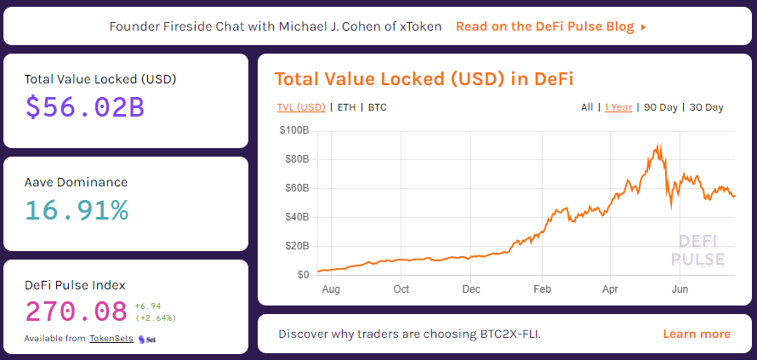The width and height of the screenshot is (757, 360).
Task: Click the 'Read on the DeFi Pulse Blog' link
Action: coord(550,26)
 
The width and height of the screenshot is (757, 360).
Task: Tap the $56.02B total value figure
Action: coord(83,107)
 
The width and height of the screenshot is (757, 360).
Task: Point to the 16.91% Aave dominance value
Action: coord(77,209)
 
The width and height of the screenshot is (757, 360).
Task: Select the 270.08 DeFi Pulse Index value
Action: coord(77,311)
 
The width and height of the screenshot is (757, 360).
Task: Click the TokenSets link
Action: coord(111,339)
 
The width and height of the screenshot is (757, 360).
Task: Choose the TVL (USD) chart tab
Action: coord(300,107)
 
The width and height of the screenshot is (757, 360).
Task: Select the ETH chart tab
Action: coord(346,107)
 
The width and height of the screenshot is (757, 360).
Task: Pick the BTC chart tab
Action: coord(377,107)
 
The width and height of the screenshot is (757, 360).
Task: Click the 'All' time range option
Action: coord(587,107)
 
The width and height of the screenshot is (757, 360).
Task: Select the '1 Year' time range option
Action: coord(618,107)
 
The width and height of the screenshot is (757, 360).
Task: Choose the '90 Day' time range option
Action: coord(661,107)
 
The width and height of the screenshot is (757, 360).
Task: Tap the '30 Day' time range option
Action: coord(706,107)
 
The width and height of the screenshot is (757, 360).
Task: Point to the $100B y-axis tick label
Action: coord(294,131)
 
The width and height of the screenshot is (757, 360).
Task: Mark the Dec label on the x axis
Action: coord(471,289)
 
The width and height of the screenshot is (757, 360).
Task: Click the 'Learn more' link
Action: coord(696,334)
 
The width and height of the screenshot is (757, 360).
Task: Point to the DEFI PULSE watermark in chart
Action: coord(698,250)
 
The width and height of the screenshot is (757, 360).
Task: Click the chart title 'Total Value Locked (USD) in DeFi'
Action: coord(424,79)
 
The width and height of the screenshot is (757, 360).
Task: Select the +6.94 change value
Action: coord(147,305)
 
